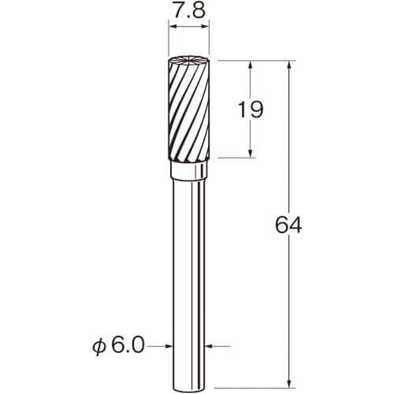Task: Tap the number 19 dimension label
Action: point(250,110)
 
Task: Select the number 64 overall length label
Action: point(288,225)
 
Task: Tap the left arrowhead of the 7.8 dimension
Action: point(172,27)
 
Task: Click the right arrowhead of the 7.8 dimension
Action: point(205,27)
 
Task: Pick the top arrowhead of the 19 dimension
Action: point(251,65)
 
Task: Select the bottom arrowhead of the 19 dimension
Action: point(251,154)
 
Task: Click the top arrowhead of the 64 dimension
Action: point(289,65)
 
